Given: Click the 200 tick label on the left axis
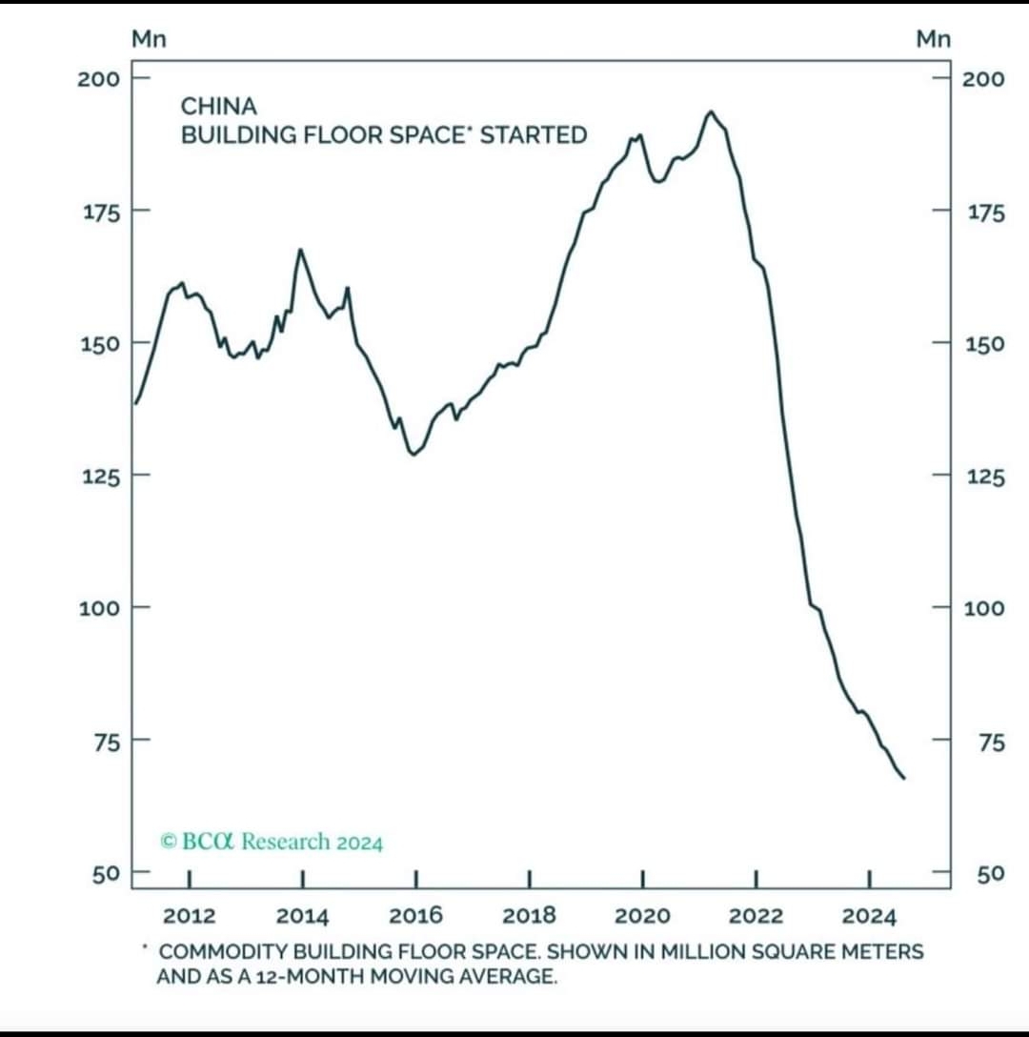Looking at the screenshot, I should tap(99, 77).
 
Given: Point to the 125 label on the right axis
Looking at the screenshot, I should tap(984, 477).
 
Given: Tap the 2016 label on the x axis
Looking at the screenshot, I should tap(416, 916).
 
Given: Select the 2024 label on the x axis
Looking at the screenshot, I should tap(869, 916).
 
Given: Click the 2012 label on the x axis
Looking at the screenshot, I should tap(190, 916).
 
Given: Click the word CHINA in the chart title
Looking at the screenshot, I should tap(218, 106).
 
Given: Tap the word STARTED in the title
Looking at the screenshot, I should tap(533, 135).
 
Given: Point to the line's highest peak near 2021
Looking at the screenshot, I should tap(710, 112).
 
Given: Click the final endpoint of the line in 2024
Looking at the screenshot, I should tap(903, 779).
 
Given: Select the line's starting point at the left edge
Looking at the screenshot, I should tap(135, 403).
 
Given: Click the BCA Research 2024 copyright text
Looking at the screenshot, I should tap(272, 842).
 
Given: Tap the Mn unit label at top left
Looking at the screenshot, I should tap(149, 39).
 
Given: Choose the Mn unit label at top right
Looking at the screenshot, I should tap(933, 39).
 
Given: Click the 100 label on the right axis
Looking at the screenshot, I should tap(984, 608).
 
